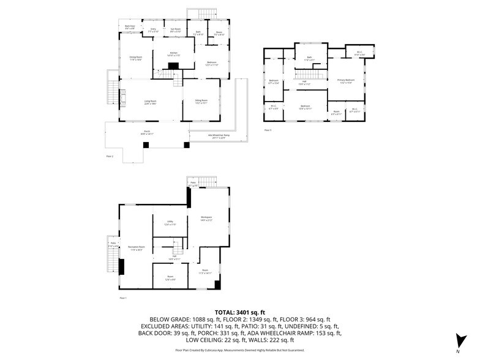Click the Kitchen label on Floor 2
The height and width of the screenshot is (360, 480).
coord(173,54)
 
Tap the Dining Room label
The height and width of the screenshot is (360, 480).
coord(135,59)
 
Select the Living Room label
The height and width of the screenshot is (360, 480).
coord(151,102)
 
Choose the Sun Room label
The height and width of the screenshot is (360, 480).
coord(174,29)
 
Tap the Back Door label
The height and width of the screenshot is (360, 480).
coord(130,28)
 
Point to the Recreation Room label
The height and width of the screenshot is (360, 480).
coord(136,248)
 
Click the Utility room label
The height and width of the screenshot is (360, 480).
coord(171,223)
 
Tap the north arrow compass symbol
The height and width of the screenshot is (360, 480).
coord(458,342)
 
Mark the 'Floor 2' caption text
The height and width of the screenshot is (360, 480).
coord(110,157)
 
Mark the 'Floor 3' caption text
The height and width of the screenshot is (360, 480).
coord(268,130)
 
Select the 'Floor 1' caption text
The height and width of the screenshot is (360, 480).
coord(123,298)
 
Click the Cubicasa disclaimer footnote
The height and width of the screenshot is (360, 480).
coord(239,350)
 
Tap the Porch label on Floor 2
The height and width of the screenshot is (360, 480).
coord(147,132)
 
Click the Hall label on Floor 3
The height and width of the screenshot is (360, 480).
coord(304,83)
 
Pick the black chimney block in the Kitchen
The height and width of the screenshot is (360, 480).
coord(173,66)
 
